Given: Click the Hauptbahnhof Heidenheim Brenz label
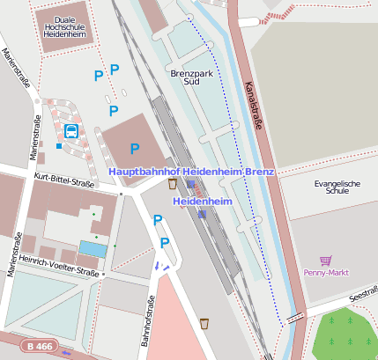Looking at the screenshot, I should coord(191,171).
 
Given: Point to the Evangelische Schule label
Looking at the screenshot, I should coord(337,187).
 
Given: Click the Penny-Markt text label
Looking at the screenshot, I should coord(327,273).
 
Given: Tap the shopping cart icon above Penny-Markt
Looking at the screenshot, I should coord(326,261).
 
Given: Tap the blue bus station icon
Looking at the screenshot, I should coord(70,131).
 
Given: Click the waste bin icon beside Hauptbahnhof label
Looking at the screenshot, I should coord(172,183).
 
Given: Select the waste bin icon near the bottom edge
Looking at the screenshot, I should coord(204,323).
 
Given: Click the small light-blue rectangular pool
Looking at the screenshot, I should coord(91,248).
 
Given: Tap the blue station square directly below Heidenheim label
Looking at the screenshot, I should coord(202,213).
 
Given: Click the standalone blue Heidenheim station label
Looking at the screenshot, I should coord(201,202).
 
